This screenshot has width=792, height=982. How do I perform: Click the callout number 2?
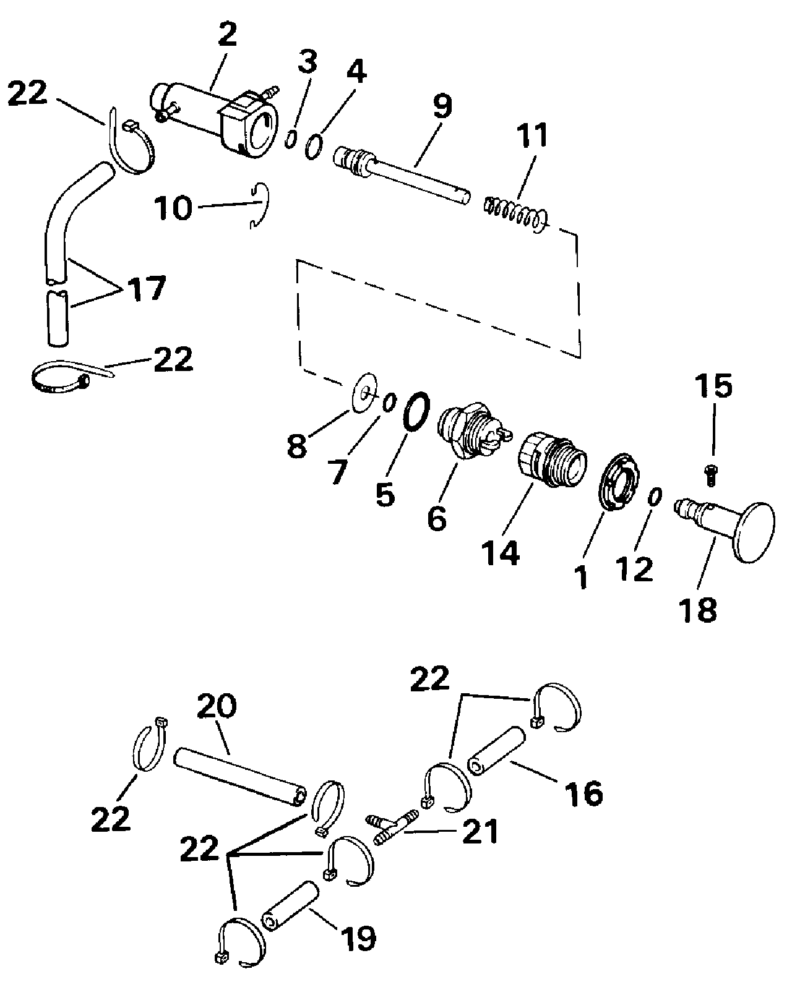pyautogui.click(x=228, y=35)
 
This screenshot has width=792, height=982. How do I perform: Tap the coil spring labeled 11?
pyautogui.click(x=515, y=214)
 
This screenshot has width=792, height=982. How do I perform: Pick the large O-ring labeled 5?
pyautogui.click(x=416, y=411)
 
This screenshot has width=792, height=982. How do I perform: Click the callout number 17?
pyautogui.click(x=146, y=288)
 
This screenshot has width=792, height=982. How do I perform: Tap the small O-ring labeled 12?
pyautogui.click(x=655, y=497)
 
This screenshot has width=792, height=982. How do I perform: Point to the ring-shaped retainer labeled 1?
pyautogui.click(x=618, y=481)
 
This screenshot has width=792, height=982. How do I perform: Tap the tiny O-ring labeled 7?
pyautogui.click(x=389, y=403)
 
